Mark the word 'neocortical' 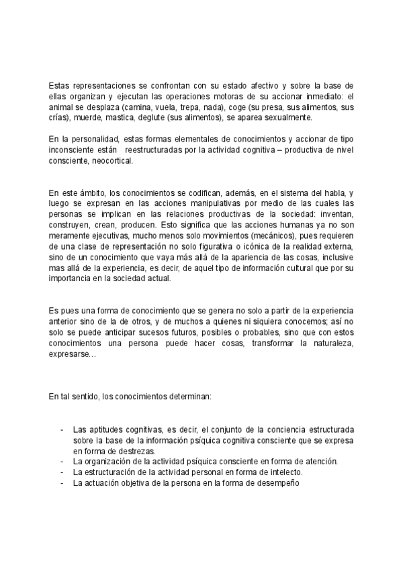pyautogui.click(x=112, y=161)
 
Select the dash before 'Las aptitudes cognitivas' pyautogui.click(x=62, y=429)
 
